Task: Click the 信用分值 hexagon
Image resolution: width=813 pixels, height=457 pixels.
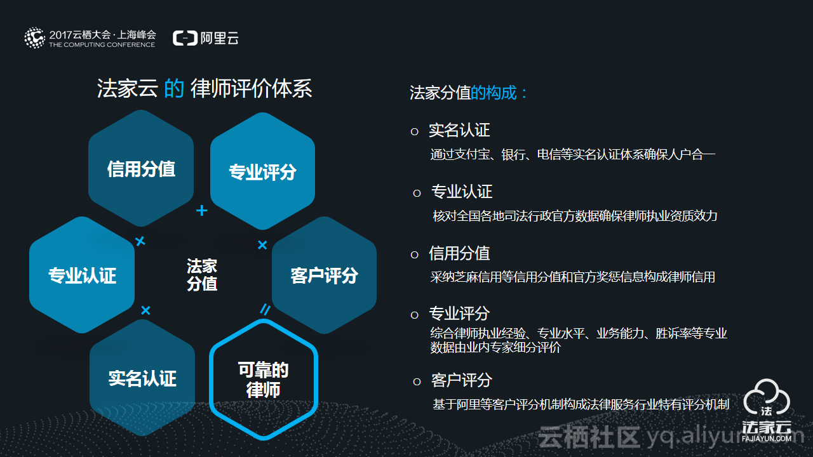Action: [141, 169]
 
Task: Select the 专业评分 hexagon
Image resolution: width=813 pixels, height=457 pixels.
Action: [262, 171]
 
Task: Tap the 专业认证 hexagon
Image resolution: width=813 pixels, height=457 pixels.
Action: [82, 275]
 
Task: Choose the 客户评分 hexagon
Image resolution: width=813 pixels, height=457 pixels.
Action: [324, 275]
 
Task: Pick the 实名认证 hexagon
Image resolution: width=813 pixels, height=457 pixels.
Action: [142, 378]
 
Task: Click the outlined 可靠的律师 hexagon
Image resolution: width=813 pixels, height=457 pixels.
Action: [263, 380]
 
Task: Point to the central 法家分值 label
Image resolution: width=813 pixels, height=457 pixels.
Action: [202, 274]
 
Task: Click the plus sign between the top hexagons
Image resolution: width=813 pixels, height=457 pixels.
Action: [201, 210]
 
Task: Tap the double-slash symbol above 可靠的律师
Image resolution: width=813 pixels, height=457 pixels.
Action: [265, 309]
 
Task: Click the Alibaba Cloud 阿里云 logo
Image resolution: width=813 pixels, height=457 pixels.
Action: [206, 38]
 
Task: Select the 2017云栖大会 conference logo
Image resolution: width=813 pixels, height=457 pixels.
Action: [90, 38]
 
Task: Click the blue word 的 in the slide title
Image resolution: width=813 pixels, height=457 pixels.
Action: [173, 88]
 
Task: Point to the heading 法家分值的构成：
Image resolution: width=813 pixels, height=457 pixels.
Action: [469, 93]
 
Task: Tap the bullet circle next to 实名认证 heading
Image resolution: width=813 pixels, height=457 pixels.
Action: [415, 131]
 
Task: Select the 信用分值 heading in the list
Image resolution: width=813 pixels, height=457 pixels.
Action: [459, 254]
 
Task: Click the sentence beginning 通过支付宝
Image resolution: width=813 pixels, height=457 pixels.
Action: [572, 154]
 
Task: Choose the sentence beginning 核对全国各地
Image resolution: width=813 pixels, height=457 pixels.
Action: [575, 216]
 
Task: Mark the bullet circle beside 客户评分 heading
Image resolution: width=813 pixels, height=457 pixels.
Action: [417, 381]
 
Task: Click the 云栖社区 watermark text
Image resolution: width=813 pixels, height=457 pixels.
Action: [588, 437]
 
